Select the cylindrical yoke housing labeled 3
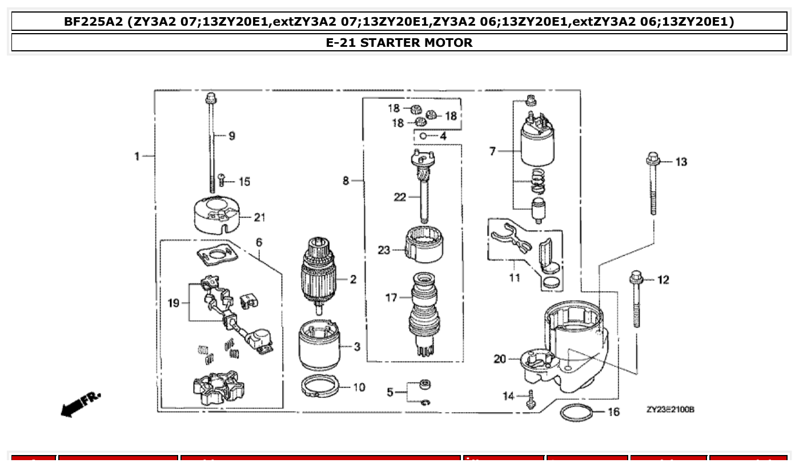[319, 346]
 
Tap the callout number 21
[260, 217]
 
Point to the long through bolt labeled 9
[211, 143]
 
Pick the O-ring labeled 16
[575, 412]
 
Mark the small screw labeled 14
[531, 398]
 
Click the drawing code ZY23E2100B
[670, 409]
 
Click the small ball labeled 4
[423, 136]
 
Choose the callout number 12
[663, 280]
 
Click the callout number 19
[174, 303]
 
